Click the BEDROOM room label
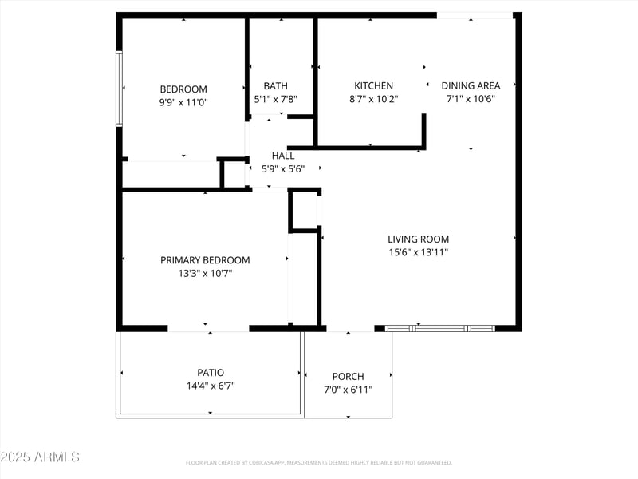[x=183, y=89]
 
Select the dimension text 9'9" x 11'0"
[x=183, y=102]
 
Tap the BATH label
[x=276, y=86]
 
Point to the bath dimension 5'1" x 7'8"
[x=276, y=100]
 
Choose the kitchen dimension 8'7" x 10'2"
[x=373, y=100]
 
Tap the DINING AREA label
[x=471, y=86]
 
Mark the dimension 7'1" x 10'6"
[x=471, y=100]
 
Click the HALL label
[x=283, y=156]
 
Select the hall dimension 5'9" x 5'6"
[x=283, y=169]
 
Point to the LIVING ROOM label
[x=418, y=239]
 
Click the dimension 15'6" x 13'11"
[x=418, y=252]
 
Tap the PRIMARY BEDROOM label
[x=205, y=260]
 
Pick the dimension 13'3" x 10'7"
[x=205, y=274]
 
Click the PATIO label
[x=211, y=372]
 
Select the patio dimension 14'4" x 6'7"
[x=211, y=386]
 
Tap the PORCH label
[x=348, y=377]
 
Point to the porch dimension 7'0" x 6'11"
[x=348, y=390]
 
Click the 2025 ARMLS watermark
[x=40, y=457]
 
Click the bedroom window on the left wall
[x=119, y=89]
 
